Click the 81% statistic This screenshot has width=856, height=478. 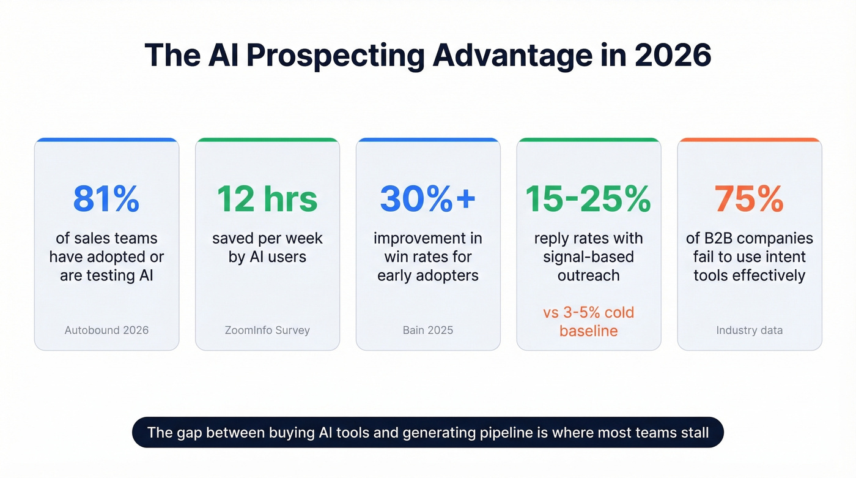pos(106,199)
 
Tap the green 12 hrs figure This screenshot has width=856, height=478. pos(267,199)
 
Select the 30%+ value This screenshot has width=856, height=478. pos(427,199)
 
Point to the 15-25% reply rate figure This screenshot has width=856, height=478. pos(588,199)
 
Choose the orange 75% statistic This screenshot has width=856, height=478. pos(749,199)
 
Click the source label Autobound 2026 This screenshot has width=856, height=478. pos(106,330)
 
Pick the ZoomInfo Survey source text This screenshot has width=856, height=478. pos(267,330)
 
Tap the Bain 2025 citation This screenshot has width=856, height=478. pos(427,330)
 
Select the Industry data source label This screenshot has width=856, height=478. pos(749,330)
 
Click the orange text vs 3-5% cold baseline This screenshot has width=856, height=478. pos(588,322)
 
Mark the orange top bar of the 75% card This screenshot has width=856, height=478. pos(749,140)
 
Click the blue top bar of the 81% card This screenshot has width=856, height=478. pos(106,140)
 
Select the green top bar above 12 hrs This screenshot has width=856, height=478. pos(267,140)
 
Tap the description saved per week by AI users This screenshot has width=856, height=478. pos(267,247)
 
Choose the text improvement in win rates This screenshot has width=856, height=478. pos(427,247)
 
